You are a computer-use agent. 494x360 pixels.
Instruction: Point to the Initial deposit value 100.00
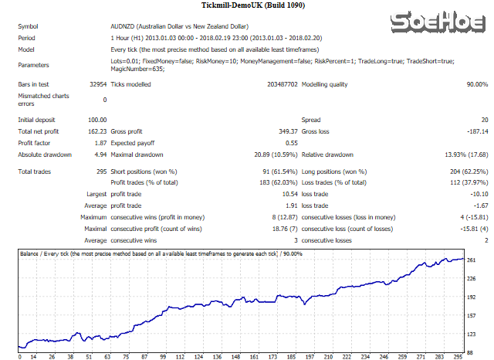pyautogui.click(x=96, y=120)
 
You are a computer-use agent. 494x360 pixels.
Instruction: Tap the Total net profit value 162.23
pyautogui.click(x=96, y=131)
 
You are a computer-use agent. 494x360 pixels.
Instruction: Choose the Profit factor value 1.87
pyautogui.click(x=100, y=143)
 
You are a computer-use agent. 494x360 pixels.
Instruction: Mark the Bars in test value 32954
pyautogui.click(x=96, y=84)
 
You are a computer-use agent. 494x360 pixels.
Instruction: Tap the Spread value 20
pyautogui.click(x=483, y=120)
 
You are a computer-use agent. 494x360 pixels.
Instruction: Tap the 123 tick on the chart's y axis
pyautogui.click(x=472, y=333)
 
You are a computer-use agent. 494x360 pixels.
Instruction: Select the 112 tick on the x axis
pyautogui.click(x=180, y=356)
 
